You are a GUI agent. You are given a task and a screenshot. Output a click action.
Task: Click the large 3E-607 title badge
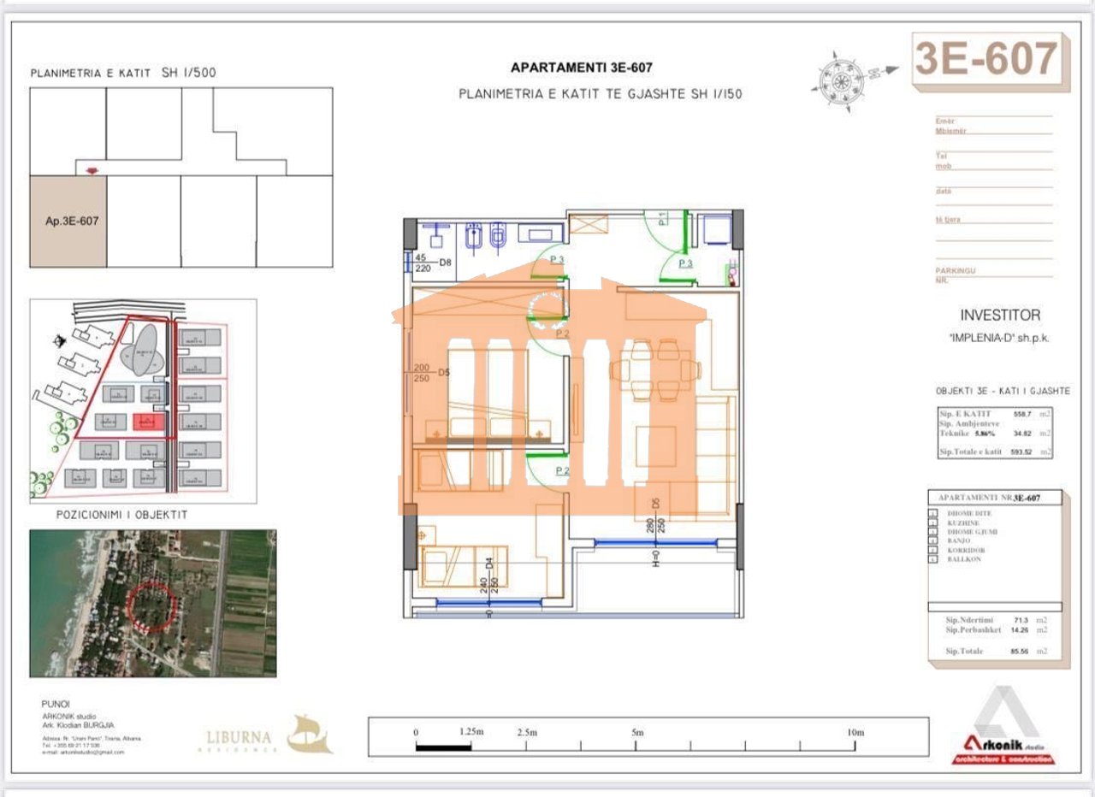click(986, 60)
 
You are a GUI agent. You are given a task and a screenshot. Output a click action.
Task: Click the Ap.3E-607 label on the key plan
click(72, 221)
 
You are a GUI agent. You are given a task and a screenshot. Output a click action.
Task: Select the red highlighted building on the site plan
click(148, 422)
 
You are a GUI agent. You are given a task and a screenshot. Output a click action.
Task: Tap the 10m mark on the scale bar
click(854, 733)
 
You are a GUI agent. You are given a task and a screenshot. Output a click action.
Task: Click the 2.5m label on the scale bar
click(527, 733)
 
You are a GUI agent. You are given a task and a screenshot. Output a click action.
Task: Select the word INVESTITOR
click(1000, 316)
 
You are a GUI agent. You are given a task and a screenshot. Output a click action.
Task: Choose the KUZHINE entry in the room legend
click(965, 522)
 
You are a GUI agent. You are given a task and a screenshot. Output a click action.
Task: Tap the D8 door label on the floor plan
click(446, 263)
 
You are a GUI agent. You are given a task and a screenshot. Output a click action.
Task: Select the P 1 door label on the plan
click(663, 218)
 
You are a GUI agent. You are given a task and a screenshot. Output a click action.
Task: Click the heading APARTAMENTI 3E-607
click(582, 68)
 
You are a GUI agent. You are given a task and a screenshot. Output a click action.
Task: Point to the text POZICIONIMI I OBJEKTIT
click(121, 515)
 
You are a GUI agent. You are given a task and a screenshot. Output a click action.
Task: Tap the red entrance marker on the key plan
click(92, 171)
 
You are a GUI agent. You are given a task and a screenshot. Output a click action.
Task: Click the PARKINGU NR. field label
click(955, 275)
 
